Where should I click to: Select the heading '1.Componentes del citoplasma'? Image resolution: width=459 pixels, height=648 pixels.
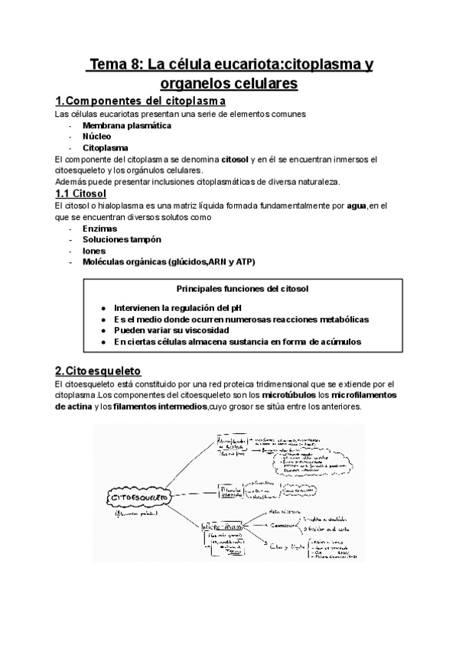[140, 101]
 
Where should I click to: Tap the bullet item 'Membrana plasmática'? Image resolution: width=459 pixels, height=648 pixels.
[127, 125]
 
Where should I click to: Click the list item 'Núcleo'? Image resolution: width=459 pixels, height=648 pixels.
[97, 136]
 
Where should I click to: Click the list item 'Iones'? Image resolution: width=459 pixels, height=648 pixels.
[95, 251]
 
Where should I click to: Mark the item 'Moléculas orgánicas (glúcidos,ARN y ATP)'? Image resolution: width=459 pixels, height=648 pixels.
[169, 262]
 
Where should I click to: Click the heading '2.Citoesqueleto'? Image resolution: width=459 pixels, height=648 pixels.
[109, 371]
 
